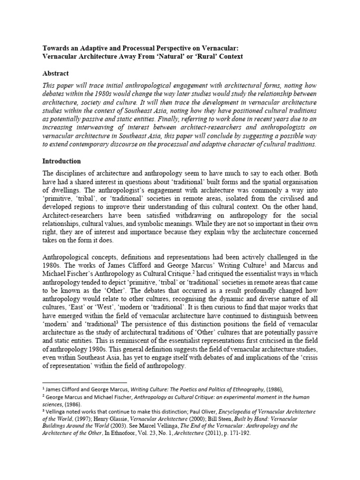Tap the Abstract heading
[55, 74]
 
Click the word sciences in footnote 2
[52, 404]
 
